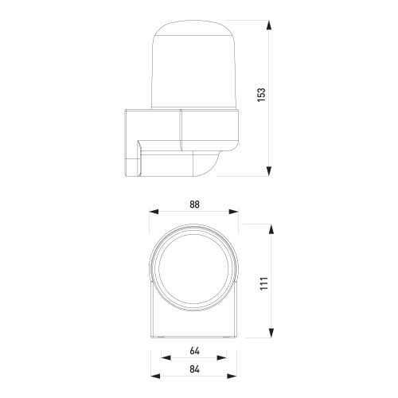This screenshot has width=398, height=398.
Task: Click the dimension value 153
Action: (x=261, y=95)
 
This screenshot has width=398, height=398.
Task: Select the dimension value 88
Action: (x=194, y=205)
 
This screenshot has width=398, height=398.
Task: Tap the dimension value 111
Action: (x=264, y=283)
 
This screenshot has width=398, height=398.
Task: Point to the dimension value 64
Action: (x=194, y=351)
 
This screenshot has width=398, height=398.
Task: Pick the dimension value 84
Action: (x=194, y=369)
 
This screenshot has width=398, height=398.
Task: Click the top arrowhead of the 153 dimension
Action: (x=269, y=25)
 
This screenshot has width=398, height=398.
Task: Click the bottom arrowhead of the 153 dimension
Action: (x=269, y=171)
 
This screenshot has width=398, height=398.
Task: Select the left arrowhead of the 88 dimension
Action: (x=154, y=212)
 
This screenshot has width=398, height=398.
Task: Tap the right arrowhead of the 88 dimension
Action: (x=233, y=212)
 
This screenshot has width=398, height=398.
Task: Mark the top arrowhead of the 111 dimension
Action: (x=271, y=229)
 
